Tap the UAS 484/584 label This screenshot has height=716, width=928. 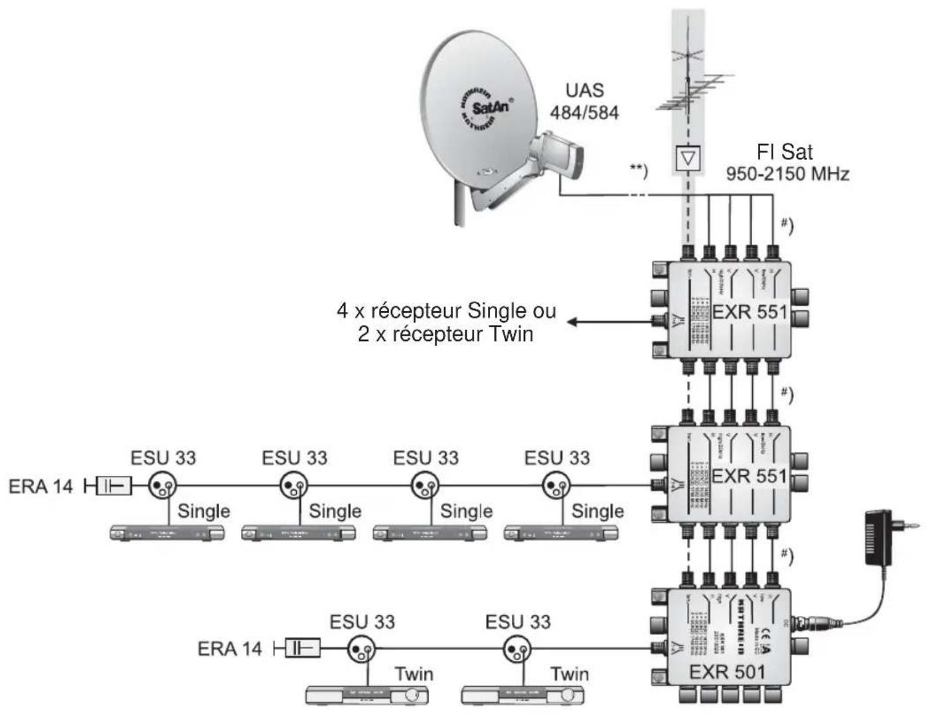pyautogui.click(x=584, y=102)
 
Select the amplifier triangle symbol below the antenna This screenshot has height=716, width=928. pyautogui.click(x=688, y=159)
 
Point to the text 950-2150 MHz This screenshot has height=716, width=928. pyautogui.click(x=787, y=175)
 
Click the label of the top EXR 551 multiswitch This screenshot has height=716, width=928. pyautogui.click(x=749, y=311)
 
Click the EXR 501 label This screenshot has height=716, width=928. pyautogui.click(x=727, y=672)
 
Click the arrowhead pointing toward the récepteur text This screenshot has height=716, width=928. pyautogui.click(x=573, y=322)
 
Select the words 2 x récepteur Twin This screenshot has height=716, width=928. pyautogui.click(x=445, y=333)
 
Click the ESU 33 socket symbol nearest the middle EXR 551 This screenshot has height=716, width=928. pyautogui.click(x=555, y=486)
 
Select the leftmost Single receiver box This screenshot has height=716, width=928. pyautogui.click(x=167, y=533)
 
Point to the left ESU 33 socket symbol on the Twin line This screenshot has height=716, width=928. pyautogui.click(x=361, y=648)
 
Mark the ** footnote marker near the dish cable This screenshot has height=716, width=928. pyautogui.click(x=638, y=169)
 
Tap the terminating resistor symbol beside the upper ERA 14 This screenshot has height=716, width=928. pyautogui.click(x=114, y=486)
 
